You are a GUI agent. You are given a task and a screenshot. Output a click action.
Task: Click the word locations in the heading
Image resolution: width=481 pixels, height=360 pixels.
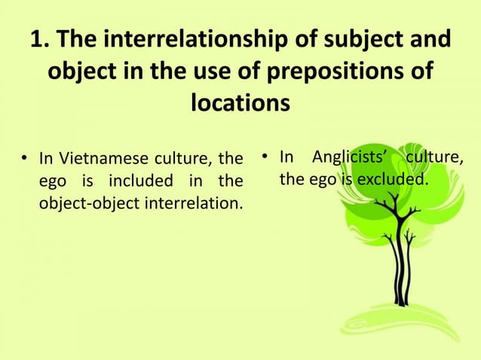coord(240,105)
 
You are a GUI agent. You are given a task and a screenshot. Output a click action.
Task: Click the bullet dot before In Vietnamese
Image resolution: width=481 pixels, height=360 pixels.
coord(25,160)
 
